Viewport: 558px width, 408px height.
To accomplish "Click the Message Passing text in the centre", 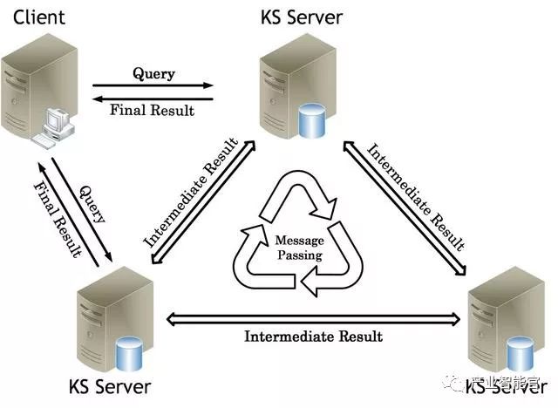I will pos(298,248).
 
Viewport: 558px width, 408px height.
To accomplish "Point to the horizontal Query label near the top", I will pos(153,73).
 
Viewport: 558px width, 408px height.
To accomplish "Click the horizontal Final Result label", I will pos(153,110).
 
